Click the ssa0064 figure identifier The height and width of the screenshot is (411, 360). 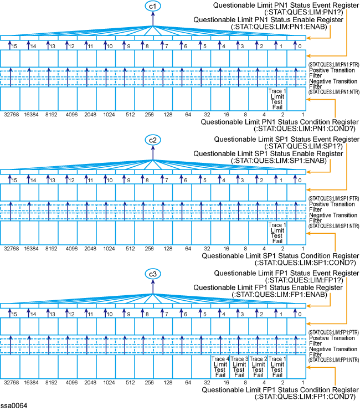[x=13, y=405]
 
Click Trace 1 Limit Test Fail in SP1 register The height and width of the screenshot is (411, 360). [x=277, y=233]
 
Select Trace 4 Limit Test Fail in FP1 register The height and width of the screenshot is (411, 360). [x=220, y=367]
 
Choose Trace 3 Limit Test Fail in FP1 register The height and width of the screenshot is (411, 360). [x=239, y=367]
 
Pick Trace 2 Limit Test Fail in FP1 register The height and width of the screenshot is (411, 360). [x=258, y=367]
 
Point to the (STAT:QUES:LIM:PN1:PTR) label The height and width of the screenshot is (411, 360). [x=332, y=65]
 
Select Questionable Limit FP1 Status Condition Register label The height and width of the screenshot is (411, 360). [x=279, y=390]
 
